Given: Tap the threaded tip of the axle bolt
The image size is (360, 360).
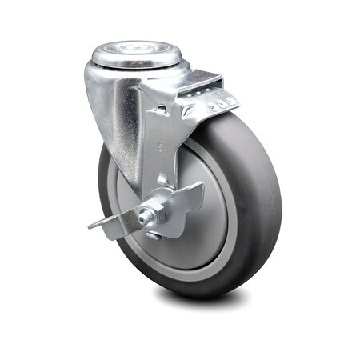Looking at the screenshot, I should [x=144, y=216].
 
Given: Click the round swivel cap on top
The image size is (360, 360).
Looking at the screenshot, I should [x=136, y=56].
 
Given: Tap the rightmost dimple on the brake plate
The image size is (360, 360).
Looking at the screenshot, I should [x=233, y=101].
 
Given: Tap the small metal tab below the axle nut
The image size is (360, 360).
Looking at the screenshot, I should [x=154, y=235].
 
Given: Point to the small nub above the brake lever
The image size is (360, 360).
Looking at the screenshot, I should [x=163, y=179].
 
